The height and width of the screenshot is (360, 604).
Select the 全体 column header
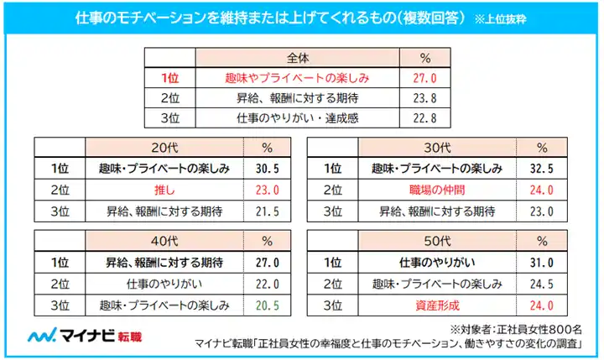(298, 59)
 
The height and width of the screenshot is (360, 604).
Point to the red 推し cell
(166, 190)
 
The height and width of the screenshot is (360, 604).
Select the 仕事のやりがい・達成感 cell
(298, 118)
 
